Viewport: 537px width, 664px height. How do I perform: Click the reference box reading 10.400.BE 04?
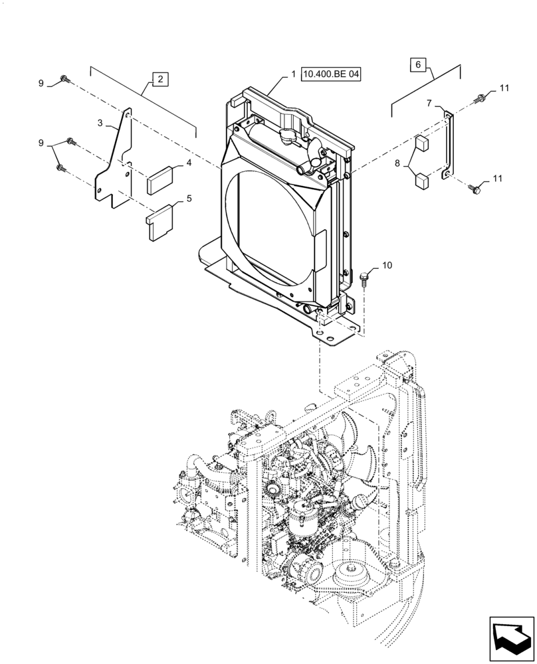tap(331, 75)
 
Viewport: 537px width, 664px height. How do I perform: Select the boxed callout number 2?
tap(160, 79)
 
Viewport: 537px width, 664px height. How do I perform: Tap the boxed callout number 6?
tap(417, 64)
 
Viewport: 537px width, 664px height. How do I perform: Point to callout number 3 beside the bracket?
tap(100, 123)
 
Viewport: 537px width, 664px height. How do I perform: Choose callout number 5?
tap(189, 198)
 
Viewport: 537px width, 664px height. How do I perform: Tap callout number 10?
tap(387, 266)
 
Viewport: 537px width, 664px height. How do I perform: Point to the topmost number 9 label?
tap(41, 83)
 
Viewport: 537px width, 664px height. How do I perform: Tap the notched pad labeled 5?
tap(160, 220)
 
